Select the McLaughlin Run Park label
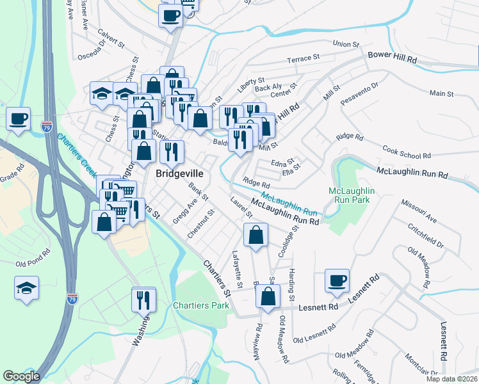(351, 196)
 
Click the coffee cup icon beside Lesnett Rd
(337, 281)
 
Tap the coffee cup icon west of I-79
(18, 118)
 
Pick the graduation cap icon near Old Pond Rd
(26, 289)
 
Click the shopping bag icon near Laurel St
(256, 234)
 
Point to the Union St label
(348, 44)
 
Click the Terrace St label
(303, 58)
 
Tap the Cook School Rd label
(406, 152)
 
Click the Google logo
(21, 376)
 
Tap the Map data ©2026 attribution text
(451, 379)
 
